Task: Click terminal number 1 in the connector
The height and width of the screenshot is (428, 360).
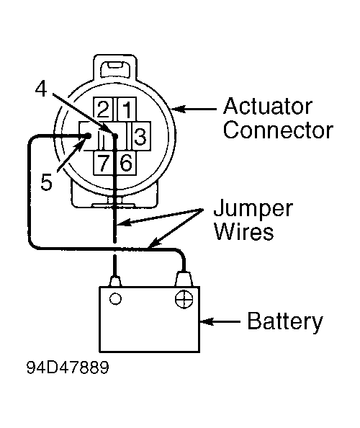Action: (x=127, y=110)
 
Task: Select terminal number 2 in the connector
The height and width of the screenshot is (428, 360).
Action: (x=103, y=110)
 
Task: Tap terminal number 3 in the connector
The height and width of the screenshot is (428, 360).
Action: (x=140, y=136)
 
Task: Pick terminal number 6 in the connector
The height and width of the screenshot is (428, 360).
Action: (x=126, y=163)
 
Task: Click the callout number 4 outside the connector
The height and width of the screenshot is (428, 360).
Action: (x=41, y=89)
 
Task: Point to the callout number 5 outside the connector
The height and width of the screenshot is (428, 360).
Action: (x=46, y=182)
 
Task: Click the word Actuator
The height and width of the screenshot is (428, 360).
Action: (x=268, y=106)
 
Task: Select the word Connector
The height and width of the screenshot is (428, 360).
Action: (x=278, y=130)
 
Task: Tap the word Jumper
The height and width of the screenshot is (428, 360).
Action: (x=253, y=210)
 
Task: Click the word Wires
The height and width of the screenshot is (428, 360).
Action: (x=243, y=231)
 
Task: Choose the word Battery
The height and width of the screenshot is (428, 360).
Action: (x=285, y=322)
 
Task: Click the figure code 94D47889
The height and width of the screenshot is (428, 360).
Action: (x=68, y=367)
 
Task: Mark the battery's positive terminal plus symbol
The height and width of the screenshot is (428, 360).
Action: (x=184, y=299)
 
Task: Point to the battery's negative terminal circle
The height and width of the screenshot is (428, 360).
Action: (x=115, y=298)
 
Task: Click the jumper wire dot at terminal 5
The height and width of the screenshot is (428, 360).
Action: (x=89, y=135)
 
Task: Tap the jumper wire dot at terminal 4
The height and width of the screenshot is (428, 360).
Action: (x=114, y=135)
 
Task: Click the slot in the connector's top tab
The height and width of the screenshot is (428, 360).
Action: (x=114, y=65)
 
